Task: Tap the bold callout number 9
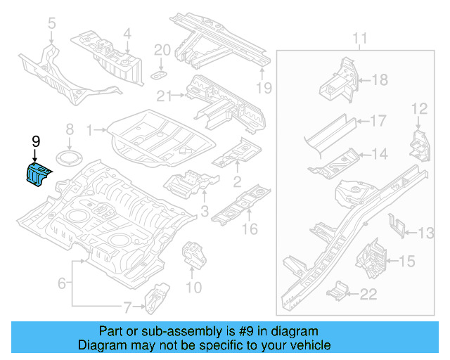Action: [x=36, y=141]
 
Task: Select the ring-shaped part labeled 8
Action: [x=69, y=156]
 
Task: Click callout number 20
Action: [x=162, y=50]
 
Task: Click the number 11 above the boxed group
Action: [x=359, y=37]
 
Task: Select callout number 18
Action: [x=379, y=80]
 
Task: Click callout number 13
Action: [x=427, y=233]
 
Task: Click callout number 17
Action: [x=378, y=121]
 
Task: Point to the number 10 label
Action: [x=193, y=287]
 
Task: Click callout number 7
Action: [x=127, y=307]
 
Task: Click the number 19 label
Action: [x=263, y=88]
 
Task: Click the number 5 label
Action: [x=51, y=25]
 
